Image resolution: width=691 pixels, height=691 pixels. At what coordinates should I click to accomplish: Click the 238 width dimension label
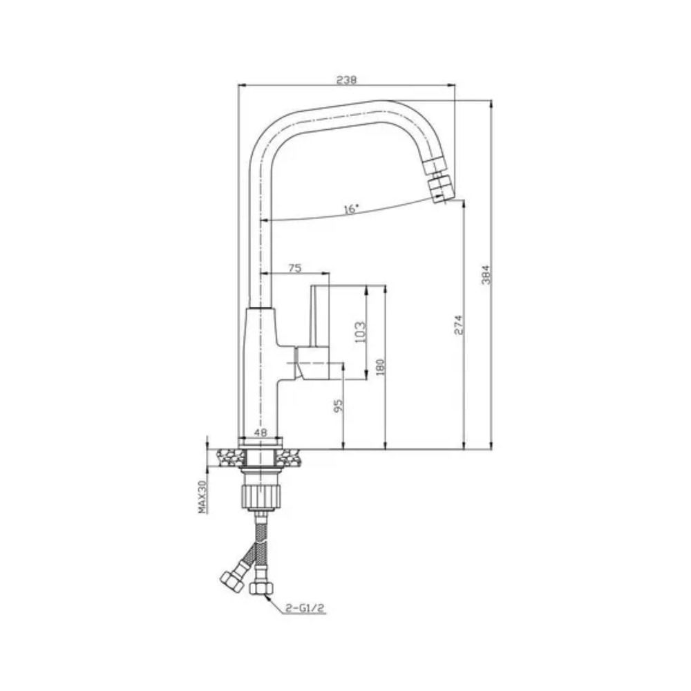click(346, 79)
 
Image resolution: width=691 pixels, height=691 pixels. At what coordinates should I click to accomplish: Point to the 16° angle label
click(352, 208)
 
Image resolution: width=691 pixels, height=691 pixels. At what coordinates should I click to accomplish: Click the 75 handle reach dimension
click(295, 269)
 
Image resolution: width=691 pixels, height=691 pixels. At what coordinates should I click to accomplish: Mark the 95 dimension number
click(338, 406)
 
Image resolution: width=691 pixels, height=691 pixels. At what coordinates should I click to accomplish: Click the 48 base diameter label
click(261, 432)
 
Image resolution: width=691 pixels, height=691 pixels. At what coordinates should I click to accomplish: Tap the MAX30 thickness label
click(203, 497)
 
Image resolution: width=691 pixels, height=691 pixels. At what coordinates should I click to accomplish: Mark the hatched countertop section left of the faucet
click(231, 456)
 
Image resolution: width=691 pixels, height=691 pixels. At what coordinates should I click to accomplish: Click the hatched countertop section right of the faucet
click(292, 456)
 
